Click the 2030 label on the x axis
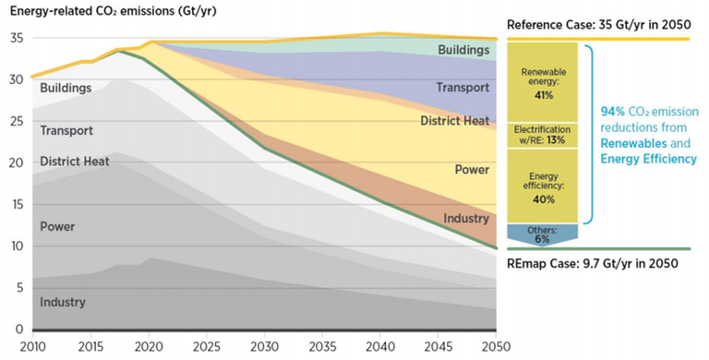[x=264, y=348]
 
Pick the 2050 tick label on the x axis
[x=496, y=348]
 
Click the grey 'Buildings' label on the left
[x=66, y=89]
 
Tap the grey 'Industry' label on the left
[x=63, y=302]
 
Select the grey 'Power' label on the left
[x=57, y=226]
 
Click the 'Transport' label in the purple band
[x=463, y=88]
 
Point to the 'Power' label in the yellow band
[x=472, y=170]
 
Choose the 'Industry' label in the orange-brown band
[x=466, y=219]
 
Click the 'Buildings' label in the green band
[x=464, y=47]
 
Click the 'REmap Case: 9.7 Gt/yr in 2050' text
[x=594, y=263]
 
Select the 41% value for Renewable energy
[x=545, y=94]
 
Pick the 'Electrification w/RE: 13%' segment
[x=545, y=135]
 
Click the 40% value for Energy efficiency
[x=545, y=199]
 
